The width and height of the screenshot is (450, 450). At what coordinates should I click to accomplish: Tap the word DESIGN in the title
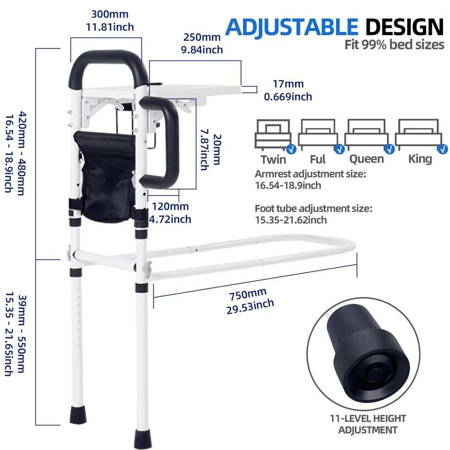pos(404,27)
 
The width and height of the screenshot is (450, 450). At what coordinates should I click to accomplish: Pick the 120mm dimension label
pos(170,207)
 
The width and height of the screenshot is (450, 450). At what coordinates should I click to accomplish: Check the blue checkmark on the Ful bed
pos(339,149)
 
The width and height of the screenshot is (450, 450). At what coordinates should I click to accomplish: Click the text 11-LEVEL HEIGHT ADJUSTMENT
pos(368,424)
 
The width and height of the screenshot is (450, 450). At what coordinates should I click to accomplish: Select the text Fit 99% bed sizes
pos(394,45)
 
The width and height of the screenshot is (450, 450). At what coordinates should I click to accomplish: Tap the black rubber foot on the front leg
pos(142,438)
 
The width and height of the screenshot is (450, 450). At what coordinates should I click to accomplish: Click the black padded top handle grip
pos(105,57)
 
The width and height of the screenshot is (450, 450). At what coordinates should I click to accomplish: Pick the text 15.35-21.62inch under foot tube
pos(291,220)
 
